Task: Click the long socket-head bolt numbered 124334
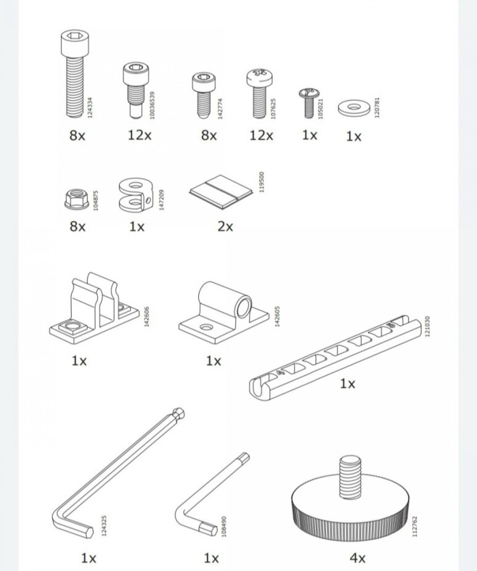[75, 74]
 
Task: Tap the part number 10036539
[152, 105]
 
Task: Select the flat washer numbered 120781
[354, 108]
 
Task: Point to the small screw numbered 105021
[309, 103]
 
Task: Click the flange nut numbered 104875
[77, 200]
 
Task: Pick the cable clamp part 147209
[135, 195]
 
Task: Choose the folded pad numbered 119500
[221, 192]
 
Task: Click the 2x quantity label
[225, 227]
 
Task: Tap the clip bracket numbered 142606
[94, 309]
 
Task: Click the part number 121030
[428, 326]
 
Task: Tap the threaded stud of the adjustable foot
[350, 477]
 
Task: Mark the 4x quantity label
[357, 558]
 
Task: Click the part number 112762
[414, 526]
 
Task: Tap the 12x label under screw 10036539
[139, 135]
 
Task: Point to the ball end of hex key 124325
[178, 414]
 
